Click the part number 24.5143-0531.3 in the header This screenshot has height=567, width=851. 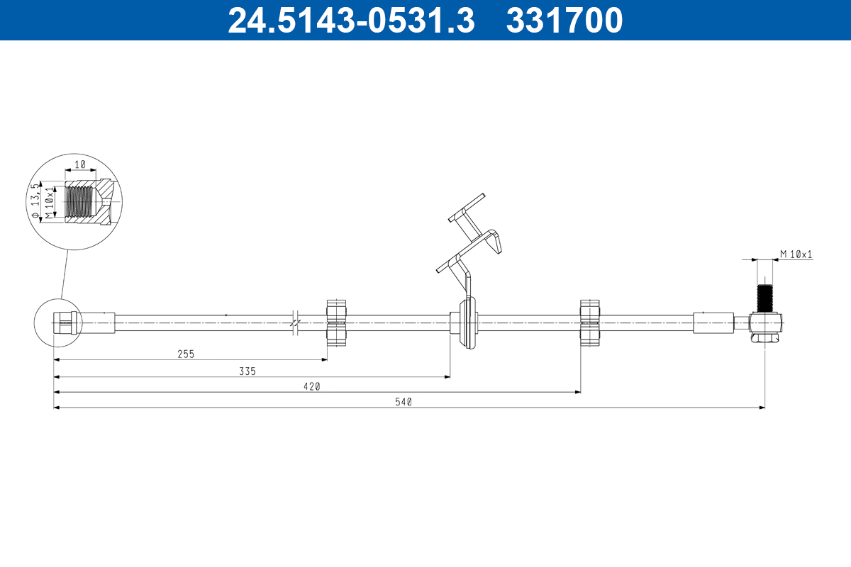tap(350, 21)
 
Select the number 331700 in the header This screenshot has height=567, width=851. tap(564, 21)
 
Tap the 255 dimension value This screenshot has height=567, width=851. tap(186, 353)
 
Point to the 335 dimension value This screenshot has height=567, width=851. tap(247, 371)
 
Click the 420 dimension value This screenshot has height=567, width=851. tap(313, 386)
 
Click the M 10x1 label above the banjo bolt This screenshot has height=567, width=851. tap(796, 254)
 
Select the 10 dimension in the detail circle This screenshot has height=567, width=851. tap(80, 164)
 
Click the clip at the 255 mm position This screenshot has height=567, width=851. tap(337, 323)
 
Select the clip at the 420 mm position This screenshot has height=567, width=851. tap(590, 323)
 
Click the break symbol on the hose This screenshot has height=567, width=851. tap(296, 322)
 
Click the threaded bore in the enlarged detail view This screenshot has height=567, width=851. tap(80, 201)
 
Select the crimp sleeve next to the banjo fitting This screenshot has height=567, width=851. tap(713, 322)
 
